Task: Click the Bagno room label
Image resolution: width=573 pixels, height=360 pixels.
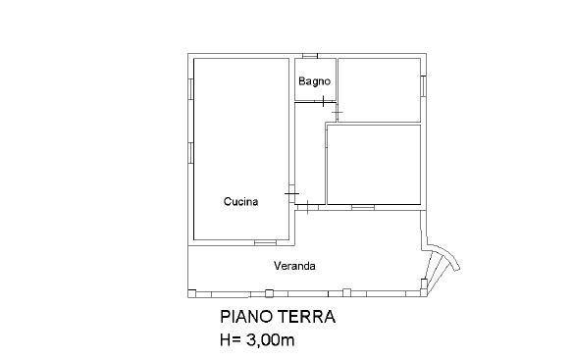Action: (x=314, y=81)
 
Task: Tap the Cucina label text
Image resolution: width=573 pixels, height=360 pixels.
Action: (x=240, y=201)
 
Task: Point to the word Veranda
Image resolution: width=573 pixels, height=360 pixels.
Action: (x=294, y=266)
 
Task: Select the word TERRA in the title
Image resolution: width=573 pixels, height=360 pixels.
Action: (x=307, y=317)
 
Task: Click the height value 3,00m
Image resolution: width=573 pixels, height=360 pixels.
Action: (x=270, y=340)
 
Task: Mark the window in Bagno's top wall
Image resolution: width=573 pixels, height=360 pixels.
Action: (x=310, y=56)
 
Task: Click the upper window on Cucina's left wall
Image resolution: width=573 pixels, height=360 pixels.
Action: (x=190, y=89)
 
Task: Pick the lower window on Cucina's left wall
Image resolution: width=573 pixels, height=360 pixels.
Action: (x=190, y=153)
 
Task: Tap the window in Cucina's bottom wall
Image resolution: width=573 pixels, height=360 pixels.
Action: (x=265, y=242)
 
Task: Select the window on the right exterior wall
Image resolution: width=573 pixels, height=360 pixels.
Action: (x=423, y=86)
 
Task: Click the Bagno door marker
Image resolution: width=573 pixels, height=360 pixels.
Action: (x=324, y=101)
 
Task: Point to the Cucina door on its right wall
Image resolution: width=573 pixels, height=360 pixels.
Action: (x=291, y=193)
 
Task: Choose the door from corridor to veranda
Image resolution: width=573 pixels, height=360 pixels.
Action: (x=308, y=207)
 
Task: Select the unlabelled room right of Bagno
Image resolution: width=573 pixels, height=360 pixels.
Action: (x=379, y=90)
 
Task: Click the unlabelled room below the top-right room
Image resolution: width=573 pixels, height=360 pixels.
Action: (x=374, y=165)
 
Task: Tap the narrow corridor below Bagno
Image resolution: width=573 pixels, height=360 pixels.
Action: (x=310, y=153)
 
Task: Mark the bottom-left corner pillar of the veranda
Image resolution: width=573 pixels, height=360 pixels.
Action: (x=192, y=293)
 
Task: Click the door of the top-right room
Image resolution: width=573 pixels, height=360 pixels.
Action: (x=337, y=113)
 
